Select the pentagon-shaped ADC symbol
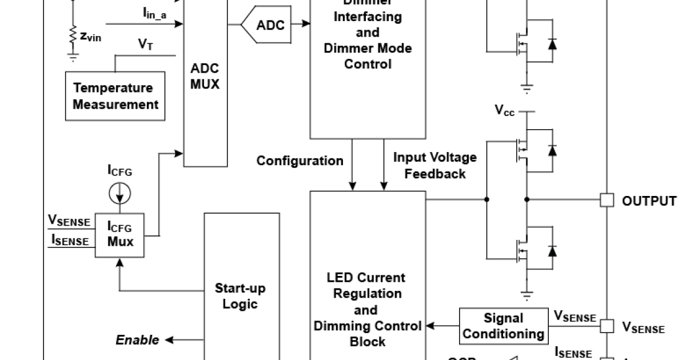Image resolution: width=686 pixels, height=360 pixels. [265, 25]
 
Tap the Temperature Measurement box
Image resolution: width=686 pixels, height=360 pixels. [115, 96]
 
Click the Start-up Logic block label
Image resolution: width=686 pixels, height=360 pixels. [240, 295]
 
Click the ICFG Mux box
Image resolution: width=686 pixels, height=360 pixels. [120, 235]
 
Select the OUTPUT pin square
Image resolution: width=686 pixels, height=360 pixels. [607, 200]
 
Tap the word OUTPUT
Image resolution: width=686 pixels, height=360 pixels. [649, 201]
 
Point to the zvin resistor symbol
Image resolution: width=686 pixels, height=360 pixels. [73, 35]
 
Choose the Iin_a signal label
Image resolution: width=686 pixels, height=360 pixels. [154, 13]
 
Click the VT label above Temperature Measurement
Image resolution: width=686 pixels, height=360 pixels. [145, 45]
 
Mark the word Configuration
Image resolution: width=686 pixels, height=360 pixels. [300, 161]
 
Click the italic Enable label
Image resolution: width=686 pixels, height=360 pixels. [137, 340]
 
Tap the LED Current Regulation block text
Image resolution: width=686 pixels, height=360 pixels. [366, 309]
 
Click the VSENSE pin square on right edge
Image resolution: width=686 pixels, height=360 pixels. [607, 326]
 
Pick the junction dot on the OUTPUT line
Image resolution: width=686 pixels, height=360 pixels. [527, 199]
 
